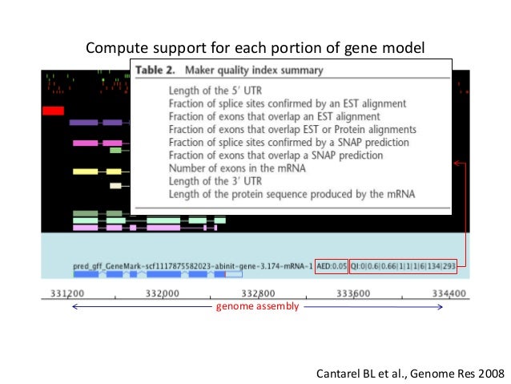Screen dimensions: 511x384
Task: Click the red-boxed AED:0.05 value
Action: [x=331, y=265]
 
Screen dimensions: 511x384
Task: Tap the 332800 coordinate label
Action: [x=258, y=293]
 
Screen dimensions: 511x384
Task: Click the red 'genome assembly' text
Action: [x=258, y=307]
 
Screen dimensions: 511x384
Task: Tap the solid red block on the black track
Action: [x=53, y=110]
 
